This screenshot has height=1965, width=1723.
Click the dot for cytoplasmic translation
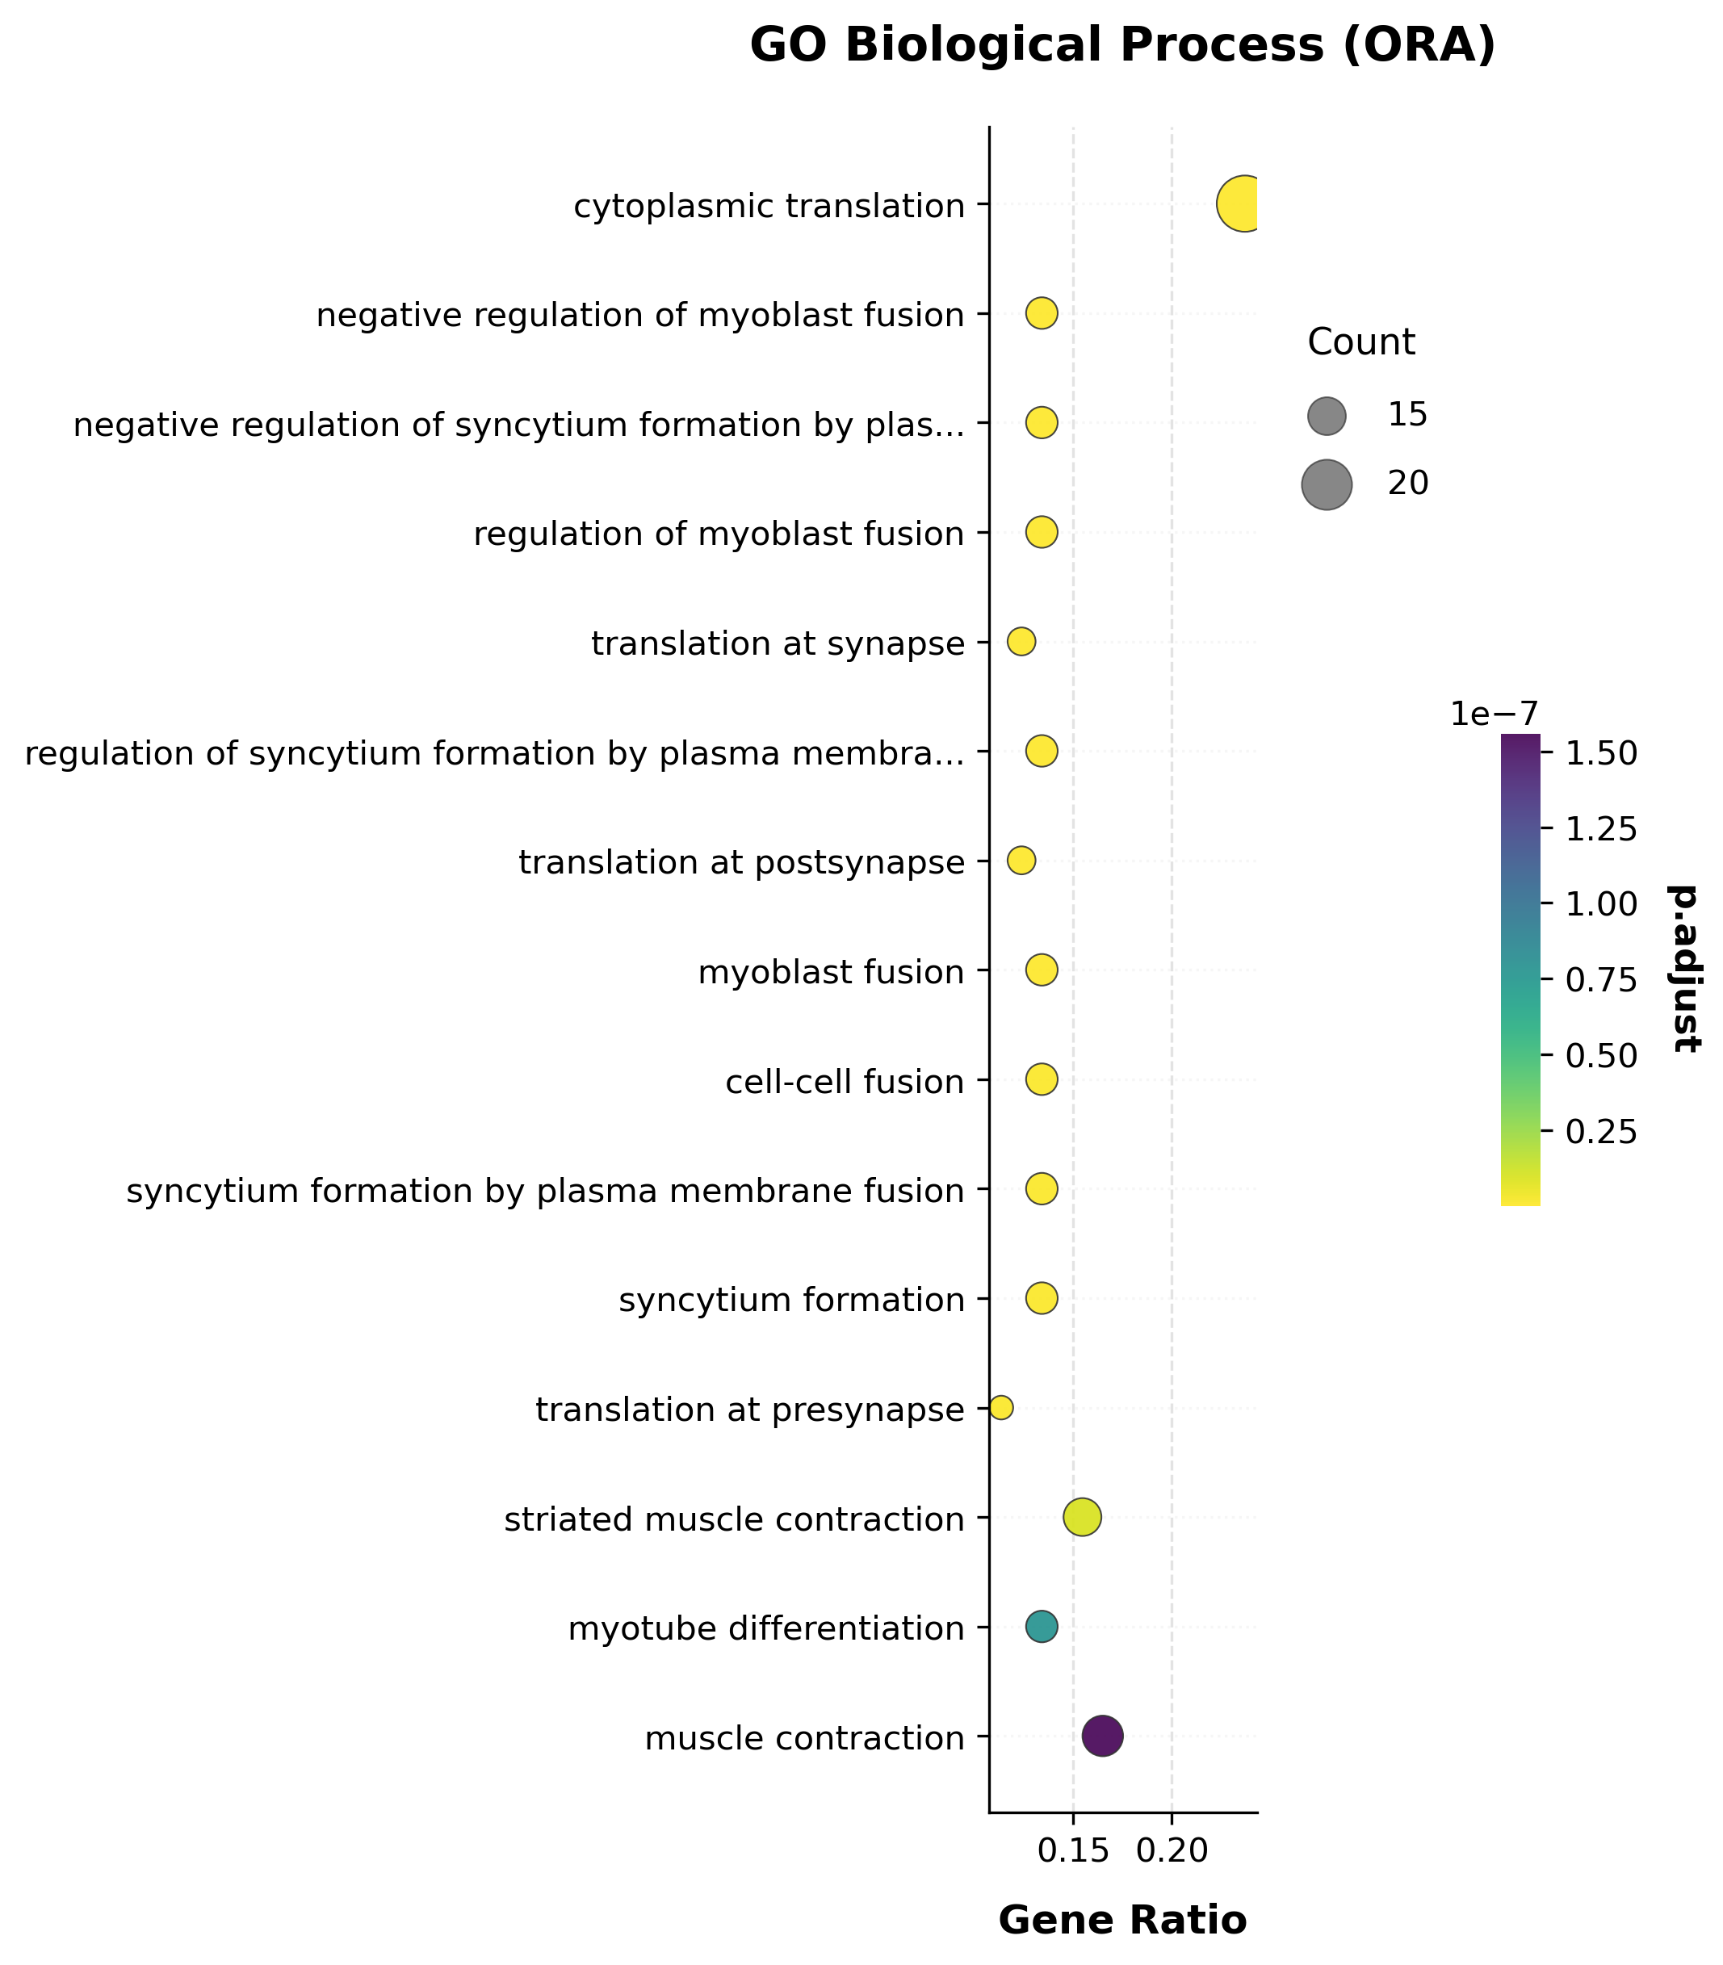coord(1243,203)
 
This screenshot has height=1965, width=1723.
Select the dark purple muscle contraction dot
coord(1102,1737)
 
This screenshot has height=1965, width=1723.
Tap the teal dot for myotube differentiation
coord(1042,1627)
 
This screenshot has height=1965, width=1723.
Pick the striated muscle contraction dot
coord(1082,1517)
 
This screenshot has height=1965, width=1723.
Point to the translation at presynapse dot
coord(1001,1407)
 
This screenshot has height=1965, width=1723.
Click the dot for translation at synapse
coord(1021,641)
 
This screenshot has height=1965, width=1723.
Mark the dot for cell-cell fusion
coord(1042,1079)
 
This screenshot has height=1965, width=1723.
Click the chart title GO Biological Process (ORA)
coord(1122,46)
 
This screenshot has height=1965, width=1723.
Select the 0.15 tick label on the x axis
coord(1073,1849)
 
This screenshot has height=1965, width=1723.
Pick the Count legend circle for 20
coord(1327,484)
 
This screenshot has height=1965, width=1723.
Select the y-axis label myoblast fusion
coord(831,972)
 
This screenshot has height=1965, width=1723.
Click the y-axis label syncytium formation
coord(791,1301)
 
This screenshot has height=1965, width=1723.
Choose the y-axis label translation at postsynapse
coord(741,862)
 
